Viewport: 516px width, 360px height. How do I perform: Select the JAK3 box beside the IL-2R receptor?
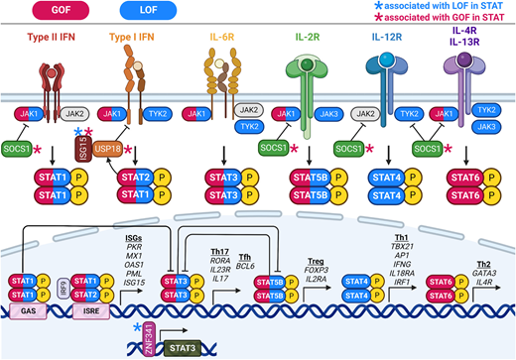[325, 114]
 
